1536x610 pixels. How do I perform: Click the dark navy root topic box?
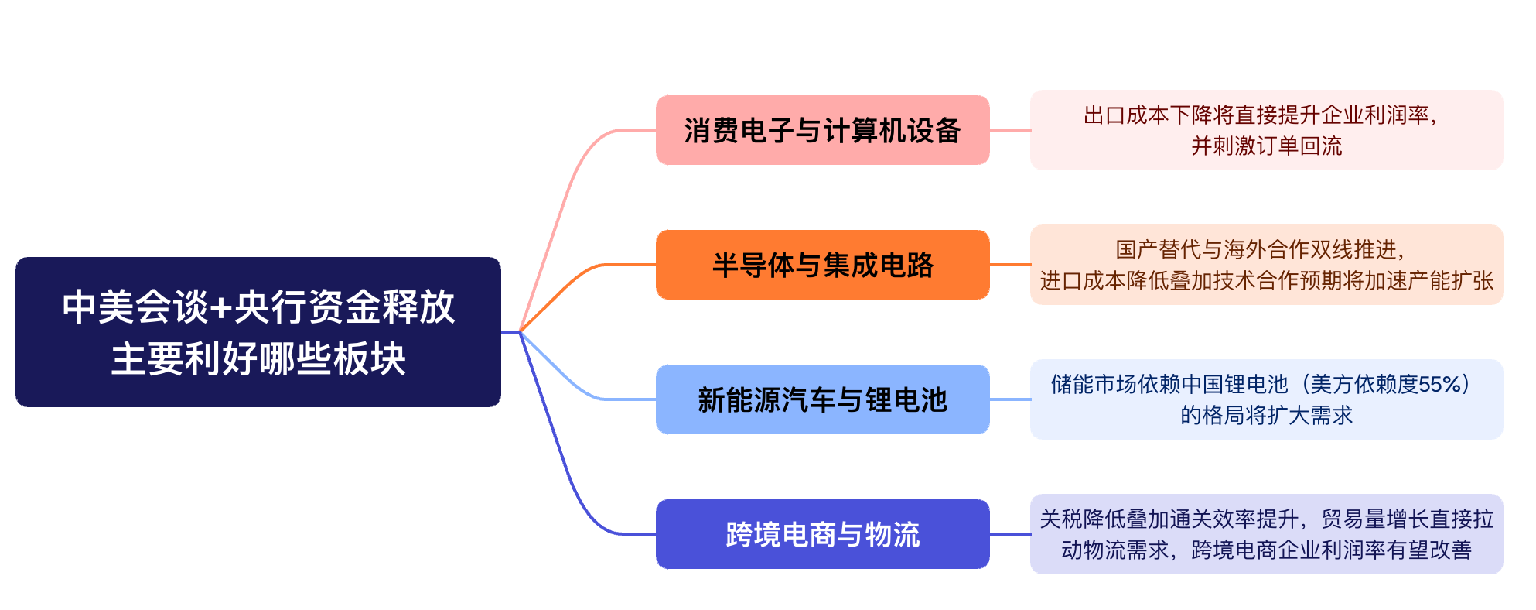coord(258,332)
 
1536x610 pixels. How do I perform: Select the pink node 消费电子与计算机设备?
coord(823,130)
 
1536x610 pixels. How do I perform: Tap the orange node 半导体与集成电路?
coord(823,265)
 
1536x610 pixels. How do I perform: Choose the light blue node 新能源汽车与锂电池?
coord(823,399)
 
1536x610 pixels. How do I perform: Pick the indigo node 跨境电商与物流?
coord(823,534)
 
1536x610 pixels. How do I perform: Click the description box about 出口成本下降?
coord(1267,130)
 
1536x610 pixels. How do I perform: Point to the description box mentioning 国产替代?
coord(1267,265)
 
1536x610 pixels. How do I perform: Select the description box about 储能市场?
coord(1267,399)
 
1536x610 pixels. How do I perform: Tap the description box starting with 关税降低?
coord(1267,534)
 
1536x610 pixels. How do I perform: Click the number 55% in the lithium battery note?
coord(1434,385)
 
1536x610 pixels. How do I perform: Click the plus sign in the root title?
coord(221,308)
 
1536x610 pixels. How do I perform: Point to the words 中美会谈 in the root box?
coord(135,307)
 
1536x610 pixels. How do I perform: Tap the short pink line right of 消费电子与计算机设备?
coord(1010,130)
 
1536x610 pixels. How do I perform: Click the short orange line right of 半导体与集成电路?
coord(1010,265)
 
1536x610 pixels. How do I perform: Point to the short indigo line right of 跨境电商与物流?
coord(1010,534)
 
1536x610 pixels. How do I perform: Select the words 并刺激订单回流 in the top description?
coord(1267,146)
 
